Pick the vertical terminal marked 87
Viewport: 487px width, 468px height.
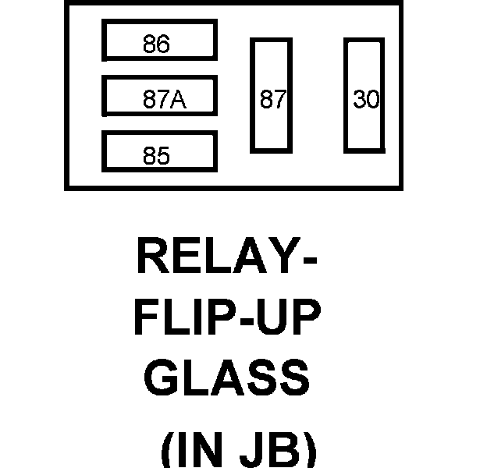click(x=271, y=95)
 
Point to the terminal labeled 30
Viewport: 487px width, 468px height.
click(x=365, y=95)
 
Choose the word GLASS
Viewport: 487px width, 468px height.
click(x=227, y=378)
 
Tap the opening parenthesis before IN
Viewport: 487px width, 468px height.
click(x=167, y=451)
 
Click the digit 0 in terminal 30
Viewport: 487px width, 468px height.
click(x=371, y=101)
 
